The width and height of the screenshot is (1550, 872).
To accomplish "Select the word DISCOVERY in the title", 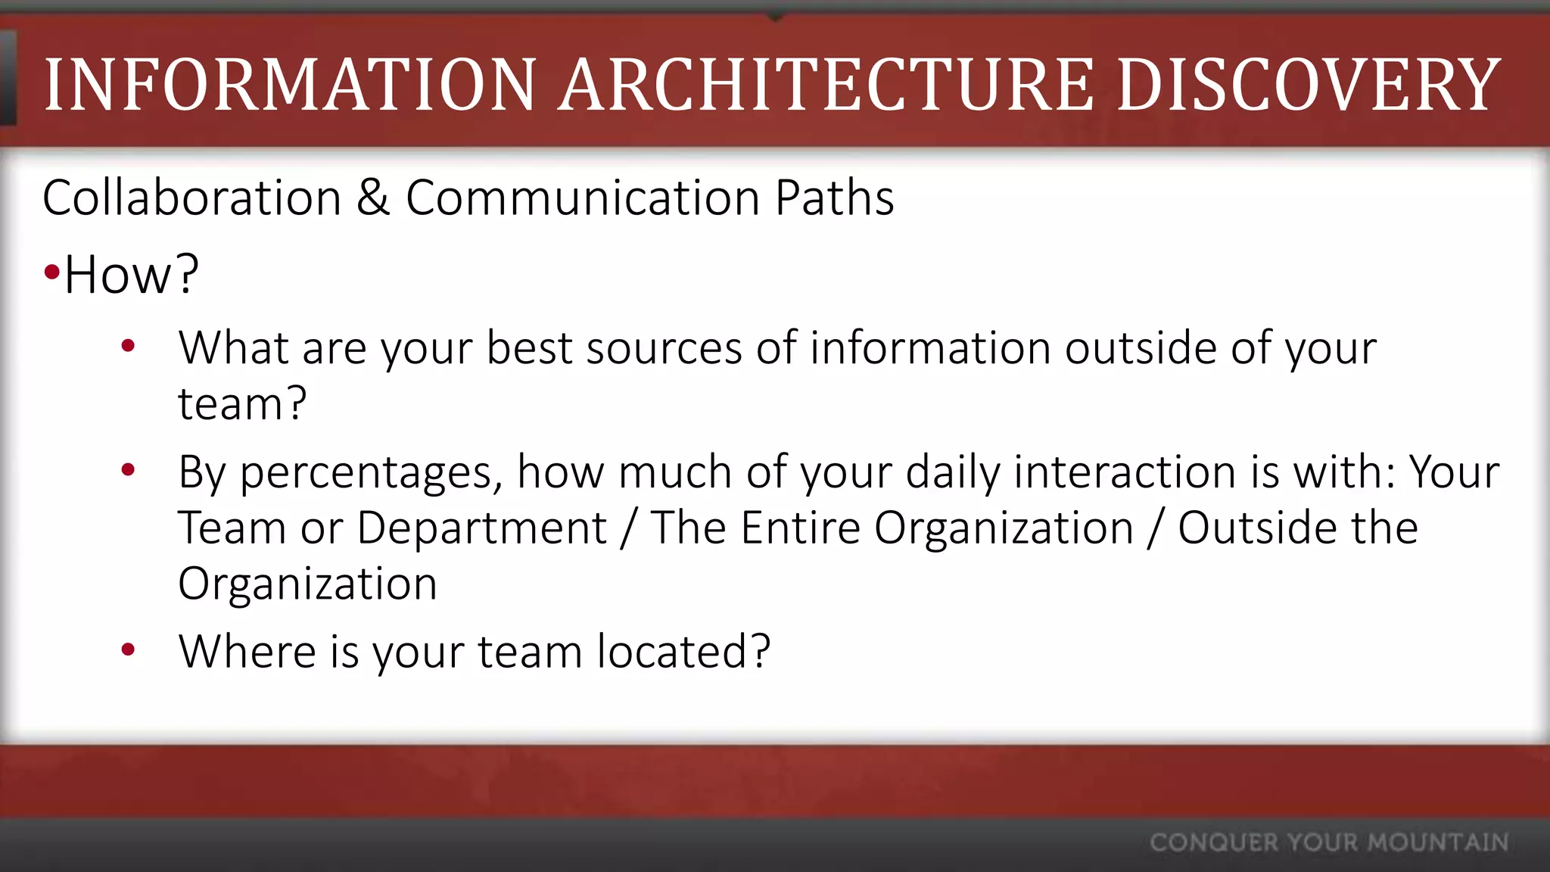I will coord(1309,85).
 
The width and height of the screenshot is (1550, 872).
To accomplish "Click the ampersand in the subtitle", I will coord(373,198).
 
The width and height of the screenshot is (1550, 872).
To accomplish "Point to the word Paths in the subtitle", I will coord(834,198).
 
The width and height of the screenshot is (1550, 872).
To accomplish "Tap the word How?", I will coord(132,274).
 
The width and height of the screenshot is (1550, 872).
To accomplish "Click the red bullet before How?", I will coord(51,272).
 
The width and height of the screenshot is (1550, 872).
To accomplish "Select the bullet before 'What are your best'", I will coord(128,346).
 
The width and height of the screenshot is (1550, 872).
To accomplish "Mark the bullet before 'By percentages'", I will coord(128,470).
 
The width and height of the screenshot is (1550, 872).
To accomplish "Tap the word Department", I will coord(481,528).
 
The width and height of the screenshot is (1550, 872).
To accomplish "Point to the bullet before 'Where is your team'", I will coord(128,649).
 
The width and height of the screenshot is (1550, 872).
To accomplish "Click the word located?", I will coord(683,651).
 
